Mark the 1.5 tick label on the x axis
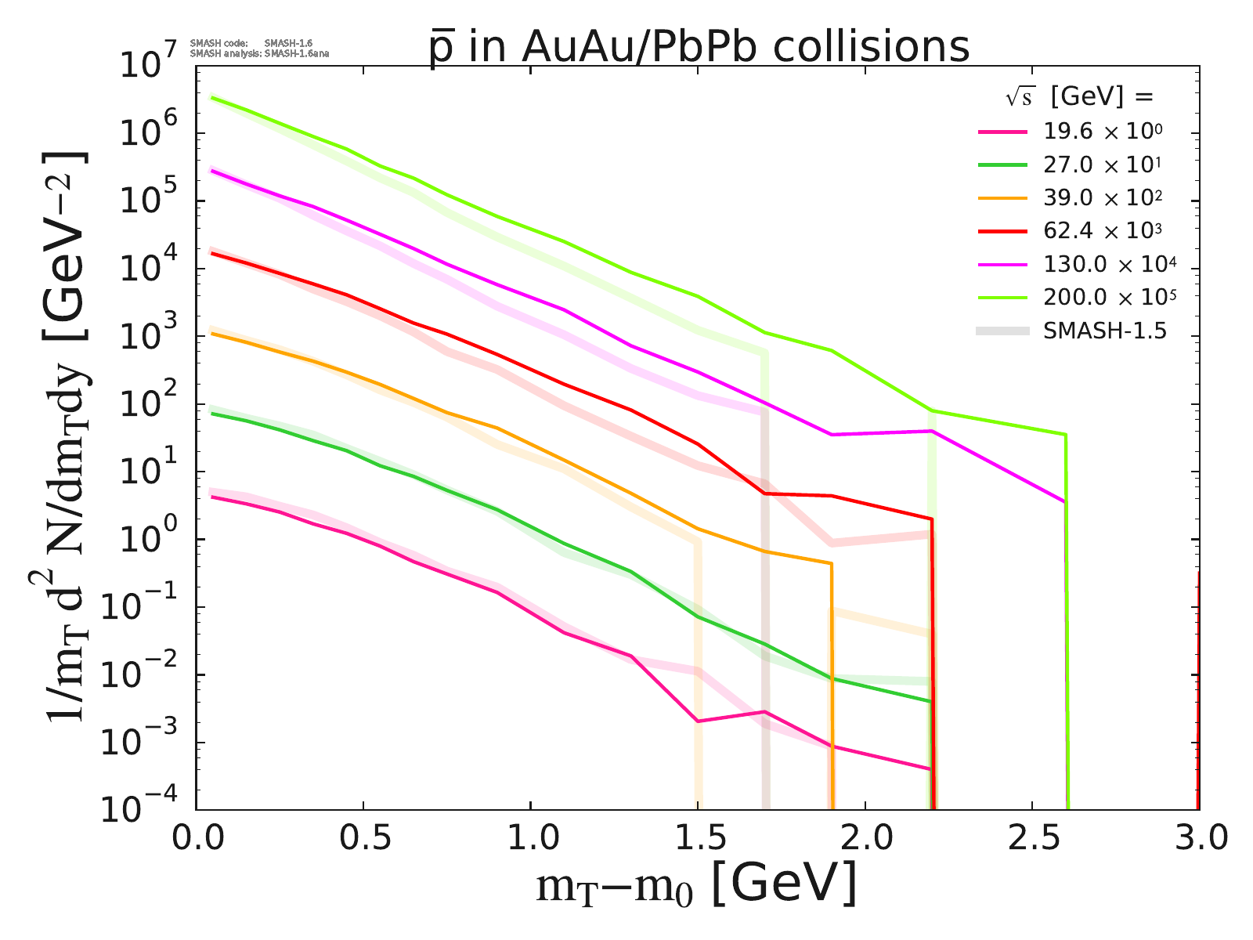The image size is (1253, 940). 697,839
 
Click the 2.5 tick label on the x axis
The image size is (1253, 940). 1031,839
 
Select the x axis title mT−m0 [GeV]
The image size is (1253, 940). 697,886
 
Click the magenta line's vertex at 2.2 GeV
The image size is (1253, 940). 931,431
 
